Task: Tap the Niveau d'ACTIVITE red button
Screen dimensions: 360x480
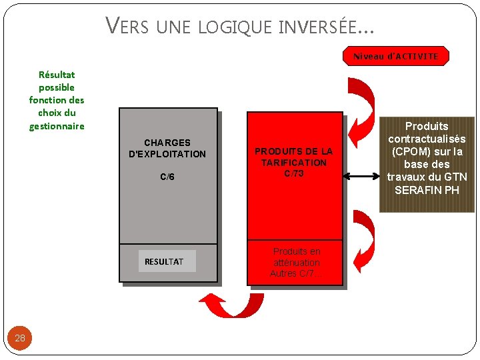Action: pyautogui.click(x=395, y=56)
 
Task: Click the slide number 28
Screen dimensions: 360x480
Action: pyautogui.click(x=20, y=338)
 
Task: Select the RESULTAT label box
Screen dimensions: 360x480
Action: pyautogui.click(x=163, y=261)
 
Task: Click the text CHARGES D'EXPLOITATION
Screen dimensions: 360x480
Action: pyautogui.click(x=167, y=148)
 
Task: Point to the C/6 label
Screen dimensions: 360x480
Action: pyautogui.click(x=167, y=177)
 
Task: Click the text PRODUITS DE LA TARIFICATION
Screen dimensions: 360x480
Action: pyautogui.click(x=293, y=157)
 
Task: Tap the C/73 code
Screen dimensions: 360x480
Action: pyautogui.click(x=293, y=173)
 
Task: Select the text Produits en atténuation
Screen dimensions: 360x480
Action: pyautogui.click(x=296, y=257)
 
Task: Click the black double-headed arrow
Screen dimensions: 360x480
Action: pyautogui.click(x=361, y=176)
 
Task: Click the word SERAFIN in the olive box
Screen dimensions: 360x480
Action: pyautogui.click(x=417, y=189)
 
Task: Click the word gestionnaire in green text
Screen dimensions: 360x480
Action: pyautogui.click(x=57, y=125)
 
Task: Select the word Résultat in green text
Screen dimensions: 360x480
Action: pyautogui.click(x=57, y=75)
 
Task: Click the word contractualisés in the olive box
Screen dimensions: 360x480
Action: pyautogui.click(x=427, y=139)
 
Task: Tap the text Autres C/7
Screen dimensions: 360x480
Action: pyautogui.click(x=295, y=273)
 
